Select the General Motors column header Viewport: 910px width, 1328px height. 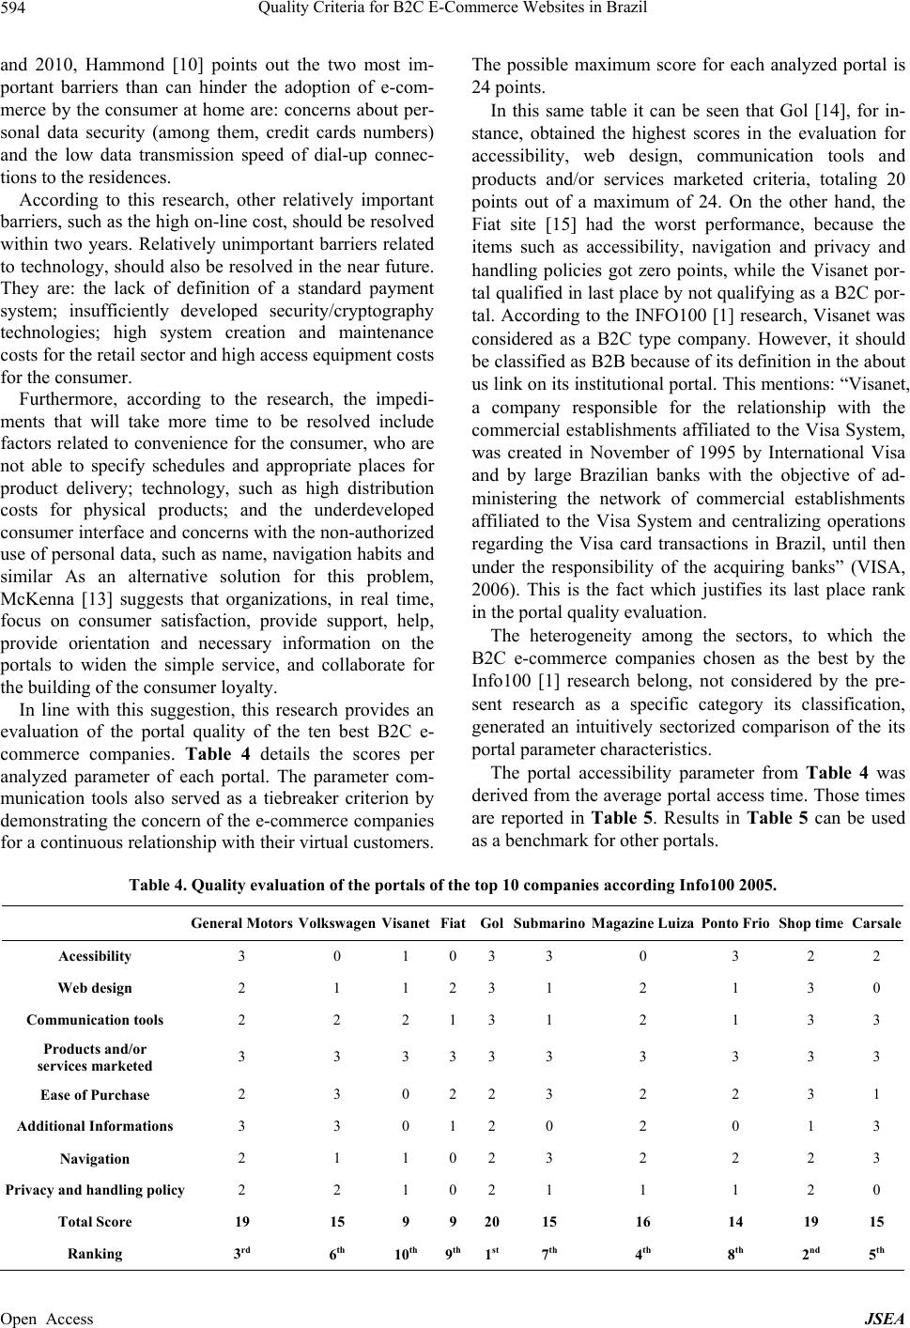(x=241, y=924)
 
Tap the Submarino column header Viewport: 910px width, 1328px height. (x=549, y=924)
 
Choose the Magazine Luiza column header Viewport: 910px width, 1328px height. (x=643, y=924)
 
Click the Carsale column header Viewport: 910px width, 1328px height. (x=876, y=924)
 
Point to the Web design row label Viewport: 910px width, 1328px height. (x=95, y=988)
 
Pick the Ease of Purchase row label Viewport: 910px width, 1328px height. (x=95, y=1095)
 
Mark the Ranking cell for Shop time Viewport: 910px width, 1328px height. (x=811, y=1254)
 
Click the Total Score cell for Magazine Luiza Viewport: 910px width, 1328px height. (x=643, y=1222)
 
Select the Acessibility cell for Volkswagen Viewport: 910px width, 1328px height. (x=337, y=956)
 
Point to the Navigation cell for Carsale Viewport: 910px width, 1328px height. (x=876, y=1159)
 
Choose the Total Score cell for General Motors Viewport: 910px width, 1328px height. (x=242, y=1222)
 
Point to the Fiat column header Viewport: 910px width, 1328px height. (x=453, y=924)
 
